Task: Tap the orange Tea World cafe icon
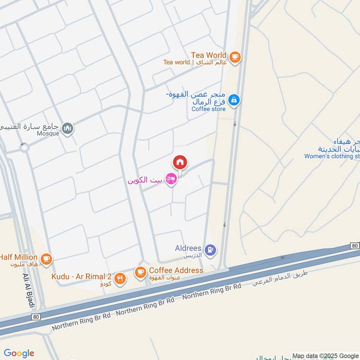point(234,57)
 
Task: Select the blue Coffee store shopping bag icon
point(234,100)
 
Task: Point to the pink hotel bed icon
point(171,180)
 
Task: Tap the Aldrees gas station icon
point(209,249)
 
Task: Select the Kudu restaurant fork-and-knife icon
point(119,278)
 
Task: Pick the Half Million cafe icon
point(46,258)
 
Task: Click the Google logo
point(19,353)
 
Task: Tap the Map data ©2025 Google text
point(325,355)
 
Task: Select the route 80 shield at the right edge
point(355,246)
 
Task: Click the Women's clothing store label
point(332,157)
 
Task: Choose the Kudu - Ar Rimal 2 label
point(81,276)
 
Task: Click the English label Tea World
point(209,55)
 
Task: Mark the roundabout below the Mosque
point(24,147)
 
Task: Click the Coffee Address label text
point(176,270)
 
